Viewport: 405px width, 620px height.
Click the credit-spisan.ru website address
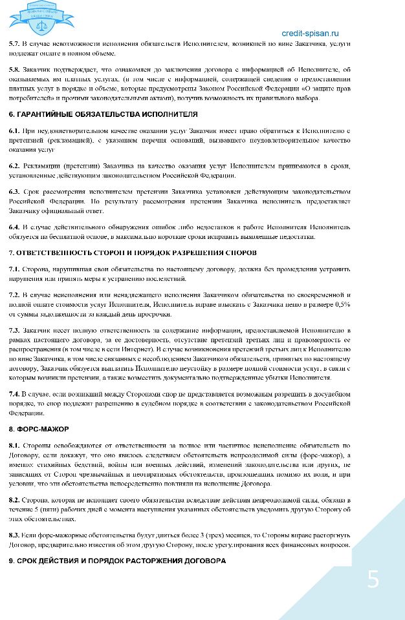310,33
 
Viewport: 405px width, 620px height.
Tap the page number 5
373,579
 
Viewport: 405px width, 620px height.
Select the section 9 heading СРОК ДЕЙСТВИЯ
117,561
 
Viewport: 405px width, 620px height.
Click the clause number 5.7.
14,43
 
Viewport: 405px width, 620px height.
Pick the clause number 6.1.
14,131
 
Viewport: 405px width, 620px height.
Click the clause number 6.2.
14,167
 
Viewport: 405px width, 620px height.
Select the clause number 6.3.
14,192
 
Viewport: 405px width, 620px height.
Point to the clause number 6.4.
14,227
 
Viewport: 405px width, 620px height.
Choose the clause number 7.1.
14,269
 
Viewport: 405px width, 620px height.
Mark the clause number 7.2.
14,294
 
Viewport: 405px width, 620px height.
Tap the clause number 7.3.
14,330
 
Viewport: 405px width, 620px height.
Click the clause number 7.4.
14,393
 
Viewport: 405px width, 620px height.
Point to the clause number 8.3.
14,535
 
